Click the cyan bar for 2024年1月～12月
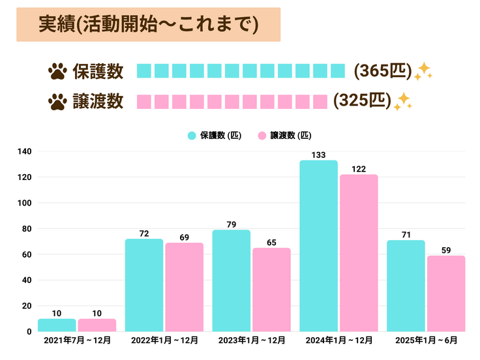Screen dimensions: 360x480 click(x=318, y=246)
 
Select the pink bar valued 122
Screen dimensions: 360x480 click(x=359, y=253)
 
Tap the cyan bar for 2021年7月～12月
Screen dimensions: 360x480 click(x=57, y=325)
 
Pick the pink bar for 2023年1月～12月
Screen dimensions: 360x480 click(x=271, y=290)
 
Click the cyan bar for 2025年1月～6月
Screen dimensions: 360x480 click(x=406, y=286)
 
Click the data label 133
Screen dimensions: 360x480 click(x=318, y=155)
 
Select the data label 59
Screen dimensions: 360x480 click(x=445, y=250)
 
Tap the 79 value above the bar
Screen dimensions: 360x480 click(x=232, y=224)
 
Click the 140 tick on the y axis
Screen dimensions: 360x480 click(x=25, y=151)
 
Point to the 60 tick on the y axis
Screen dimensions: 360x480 click(x=27, y=254)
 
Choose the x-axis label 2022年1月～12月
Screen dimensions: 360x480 click(x=164, y=340)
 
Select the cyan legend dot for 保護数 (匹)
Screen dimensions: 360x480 click(x=192, y=136)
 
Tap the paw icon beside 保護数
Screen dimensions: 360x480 click(x=57, y=71)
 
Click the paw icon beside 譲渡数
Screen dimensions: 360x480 click(x=57, y=101)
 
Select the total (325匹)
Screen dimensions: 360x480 click(x=362, y=100)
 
